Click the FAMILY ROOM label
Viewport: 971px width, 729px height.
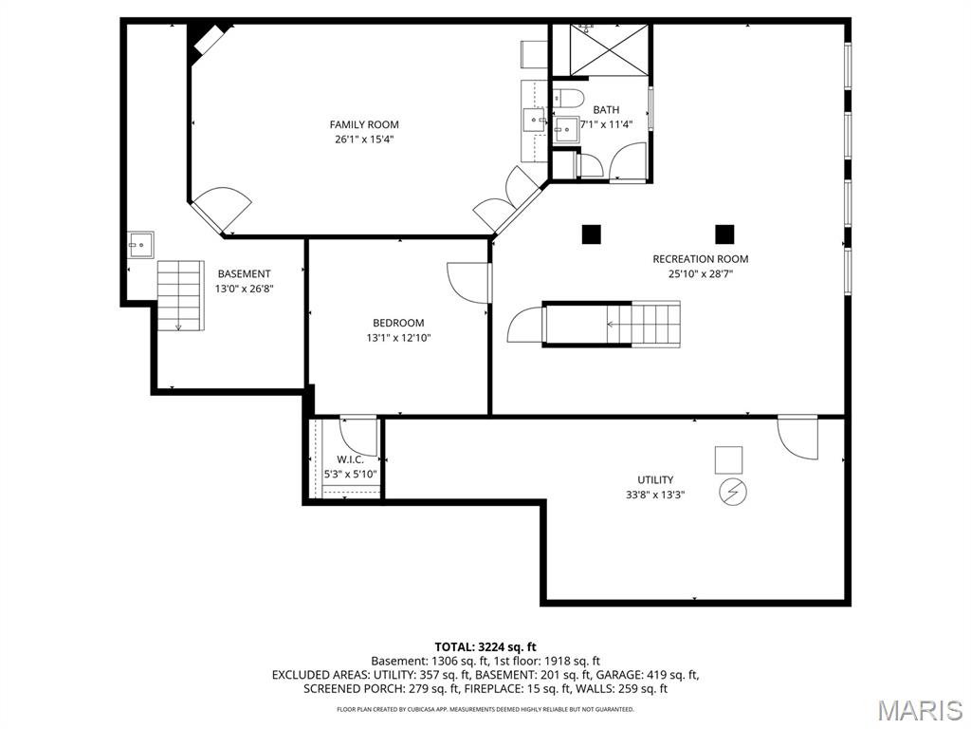364,124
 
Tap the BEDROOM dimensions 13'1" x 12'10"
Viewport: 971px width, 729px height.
398,337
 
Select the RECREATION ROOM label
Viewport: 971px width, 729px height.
700,259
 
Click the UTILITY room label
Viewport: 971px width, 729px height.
655,479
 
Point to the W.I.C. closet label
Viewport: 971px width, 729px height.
350,459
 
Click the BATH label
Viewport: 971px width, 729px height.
606,110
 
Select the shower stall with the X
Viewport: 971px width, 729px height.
602,49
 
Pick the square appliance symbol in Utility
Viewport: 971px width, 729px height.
729,459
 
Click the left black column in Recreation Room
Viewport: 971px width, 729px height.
592,234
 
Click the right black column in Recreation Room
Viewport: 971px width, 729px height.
724,234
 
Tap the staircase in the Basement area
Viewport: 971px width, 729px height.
180,294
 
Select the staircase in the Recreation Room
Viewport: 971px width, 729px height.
612,324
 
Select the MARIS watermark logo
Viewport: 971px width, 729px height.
919,709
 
